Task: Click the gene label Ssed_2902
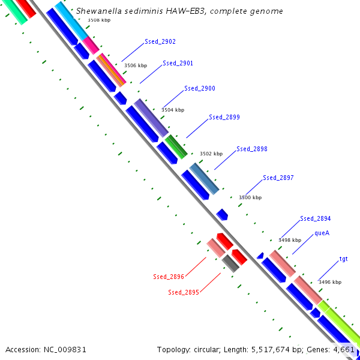[x=160, y=42]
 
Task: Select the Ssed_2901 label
[x=178, y=63]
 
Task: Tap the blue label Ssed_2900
[x=200, y=88]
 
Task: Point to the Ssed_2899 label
[x=224, y=117]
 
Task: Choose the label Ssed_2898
[x=252, y=149]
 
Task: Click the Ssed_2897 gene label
[x=278, y=178]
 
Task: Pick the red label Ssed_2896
[x=169, y=277]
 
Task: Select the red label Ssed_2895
[x=183, y=292]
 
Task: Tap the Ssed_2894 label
[x=316, y=218]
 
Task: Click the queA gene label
[x=322, y=233]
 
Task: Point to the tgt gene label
[x=344, y=259]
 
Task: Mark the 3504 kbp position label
[x=173, y=110]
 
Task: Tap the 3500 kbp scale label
[x=250, y=197]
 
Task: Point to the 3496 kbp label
[x=329, y=282]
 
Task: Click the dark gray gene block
[x=230, y=263]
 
